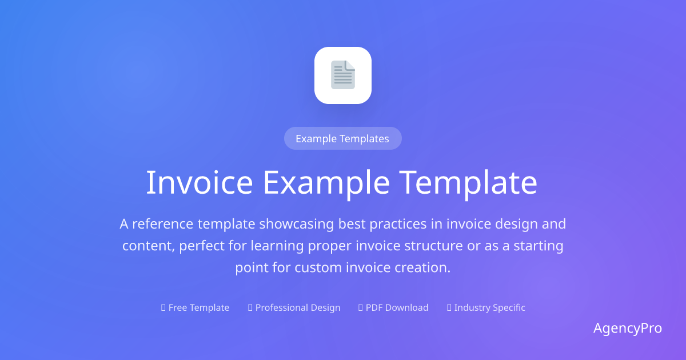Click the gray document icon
pyautogui.click(x=343, y=75)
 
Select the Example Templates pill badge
pyautogui.click(x=342, y=138)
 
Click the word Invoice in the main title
pyautogui.click(x=200, y=183)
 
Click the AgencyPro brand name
pyautogui.click(x=628, y=329)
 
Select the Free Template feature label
pyautogui.click(x=195, y=307)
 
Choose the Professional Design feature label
pyautogui.click(x=294, y=307)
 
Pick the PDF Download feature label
pyautogui.click(x=393, y=307)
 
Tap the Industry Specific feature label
pyautogui.click(x=486, y=307)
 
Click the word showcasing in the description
pyautogui.click(x=297, y=225)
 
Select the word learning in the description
pyautogui.click(x=277, y=246)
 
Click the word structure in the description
pyautogui.click(x=433, y=246)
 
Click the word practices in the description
pyautogui.click(x=398, y=225)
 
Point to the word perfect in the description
pyautogui.click(x=202, y=246)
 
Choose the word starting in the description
pyautogui.click(x=539, y=246)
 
